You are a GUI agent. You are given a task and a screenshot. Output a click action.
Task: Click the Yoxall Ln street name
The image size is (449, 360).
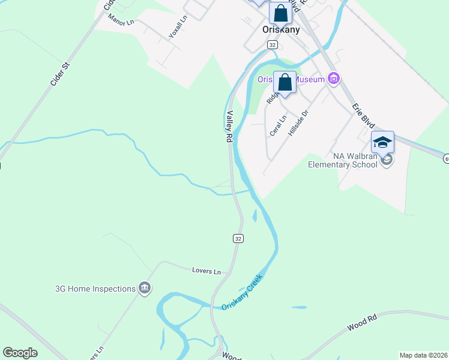(x=178, y=27)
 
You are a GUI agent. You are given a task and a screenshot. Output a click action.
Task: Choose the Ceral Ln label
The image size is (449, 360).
(x=278, y=123)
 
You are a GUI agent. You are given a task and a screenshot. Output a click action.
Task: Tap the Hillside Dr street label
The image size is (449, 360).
(x=298, y=122)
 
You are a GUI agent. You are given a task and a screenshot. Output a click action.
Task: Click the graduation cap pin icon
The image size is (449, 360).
(x=382, y=143)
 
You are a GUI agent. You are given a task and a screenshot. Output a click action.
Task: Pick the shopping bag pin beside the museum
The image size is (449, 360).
(x=285, y=82)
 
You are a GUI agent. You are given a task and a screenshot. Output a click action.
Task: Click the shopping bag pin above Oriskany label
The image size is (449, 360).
(x=280, y=13)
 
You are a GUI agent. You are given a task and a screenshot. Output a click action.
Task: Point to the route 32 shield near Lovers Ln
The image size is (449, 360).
(x=238, y=238)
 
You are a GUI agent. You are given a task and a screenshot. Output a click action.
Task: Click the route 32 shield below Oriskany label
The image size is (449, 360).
(x=273, y=45)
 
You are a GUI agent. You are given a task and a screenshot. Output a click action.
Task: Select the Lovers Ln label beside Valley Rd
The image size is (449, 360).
(x=206, y=271)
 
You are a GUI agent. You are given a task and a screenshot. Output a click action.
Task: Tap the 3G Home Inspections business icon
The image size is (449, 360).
(x=144, y=289)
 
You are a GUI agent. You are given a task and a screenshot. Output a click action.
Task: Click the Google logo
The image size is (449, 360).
(x=20, y=353)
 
